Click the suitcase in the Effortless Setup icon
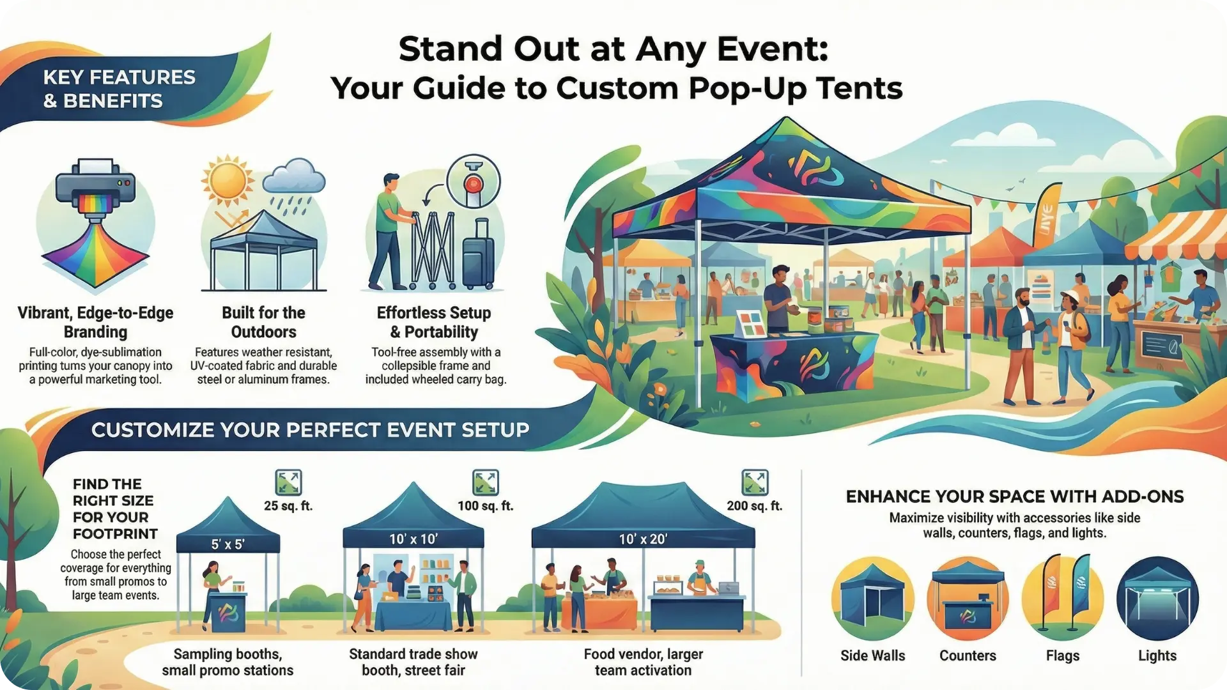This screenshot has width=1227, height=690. point(478,256)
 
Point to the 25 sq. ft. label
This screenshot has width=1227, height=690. point(288,506)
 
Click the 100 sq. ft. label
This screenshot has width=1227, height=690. point(486,506)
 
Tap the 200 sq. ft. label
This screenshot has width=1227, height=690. point(755,506)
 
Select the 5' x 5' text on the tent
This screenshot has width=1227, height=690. point(228,545)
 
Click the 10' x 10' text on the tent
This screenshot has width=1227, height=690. point(413,539)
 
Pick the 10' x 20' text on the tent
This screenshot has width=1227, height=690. point(643,539)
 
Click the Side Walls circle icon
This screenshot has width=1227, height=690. point(872,599)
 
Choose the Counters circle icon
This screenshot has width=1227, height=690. point(968,599)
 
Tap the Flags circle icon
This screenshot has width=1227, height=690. point(1063,599)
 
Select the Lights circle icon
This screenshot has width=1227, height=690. point(1157,599)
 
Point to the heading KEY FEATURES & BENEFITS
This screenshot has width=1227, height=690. point(119,89)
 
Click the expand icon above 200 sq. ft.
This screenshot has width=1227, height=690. point(755,482)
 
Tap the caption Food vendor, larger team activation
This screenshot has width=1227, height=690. point(643,662)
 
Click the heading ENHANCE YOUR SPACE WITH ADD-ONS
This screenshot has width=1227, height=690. point(1015,497)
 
